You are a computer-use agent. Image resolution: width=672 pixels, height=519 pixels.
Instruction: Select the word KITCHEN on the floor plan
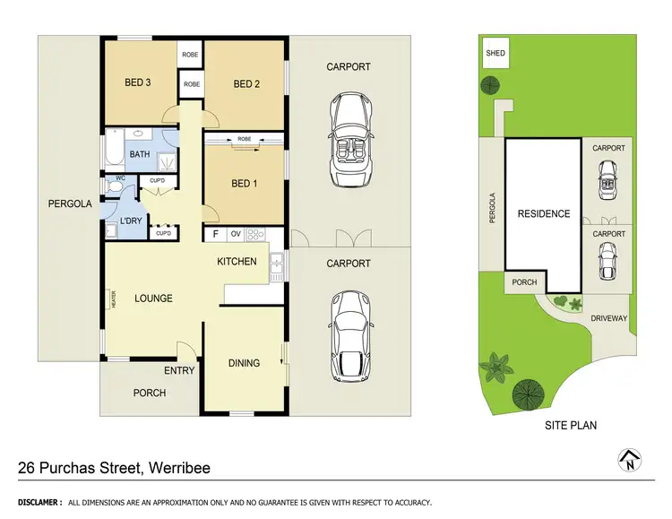point(237,262)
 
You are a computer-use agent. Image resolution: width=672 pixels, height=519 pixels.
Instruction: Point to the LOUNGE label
point(153,298)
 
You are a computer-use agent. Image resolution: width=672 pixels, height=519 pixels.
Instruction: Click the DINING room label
point(244,363)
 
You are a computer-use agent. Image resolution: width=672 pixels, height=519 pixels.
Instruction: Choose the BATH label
point(140,154)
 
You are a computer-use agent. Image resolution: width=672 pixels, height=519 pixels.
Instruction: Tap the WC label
point(119,178)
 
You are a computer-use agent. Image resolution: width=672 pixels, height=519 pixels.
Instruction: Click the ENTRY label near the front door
point(179,371)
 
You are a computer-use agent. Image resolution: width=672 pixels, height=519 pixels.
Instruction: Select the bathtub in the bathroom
point(113,148)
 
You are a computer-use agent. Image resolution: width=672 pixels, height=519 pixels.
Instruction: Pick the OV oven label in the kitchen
point(236,236)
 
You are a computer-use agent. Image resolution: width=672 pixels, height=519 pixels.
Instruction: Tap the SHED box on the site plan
point(495,53)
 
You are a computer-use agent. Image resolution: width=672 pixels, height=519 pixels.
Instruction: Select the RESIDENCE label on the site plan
point(543,214)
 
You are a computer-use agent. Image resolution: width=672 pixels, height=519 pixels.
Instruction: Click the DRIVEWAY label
point(612,318)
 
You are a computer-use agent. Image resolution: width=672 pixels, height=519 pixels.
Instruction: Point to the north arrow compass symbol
point(631,460)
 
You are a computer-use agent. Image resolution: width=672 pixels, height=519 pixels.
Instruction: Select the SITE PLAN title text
point(570,426)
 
